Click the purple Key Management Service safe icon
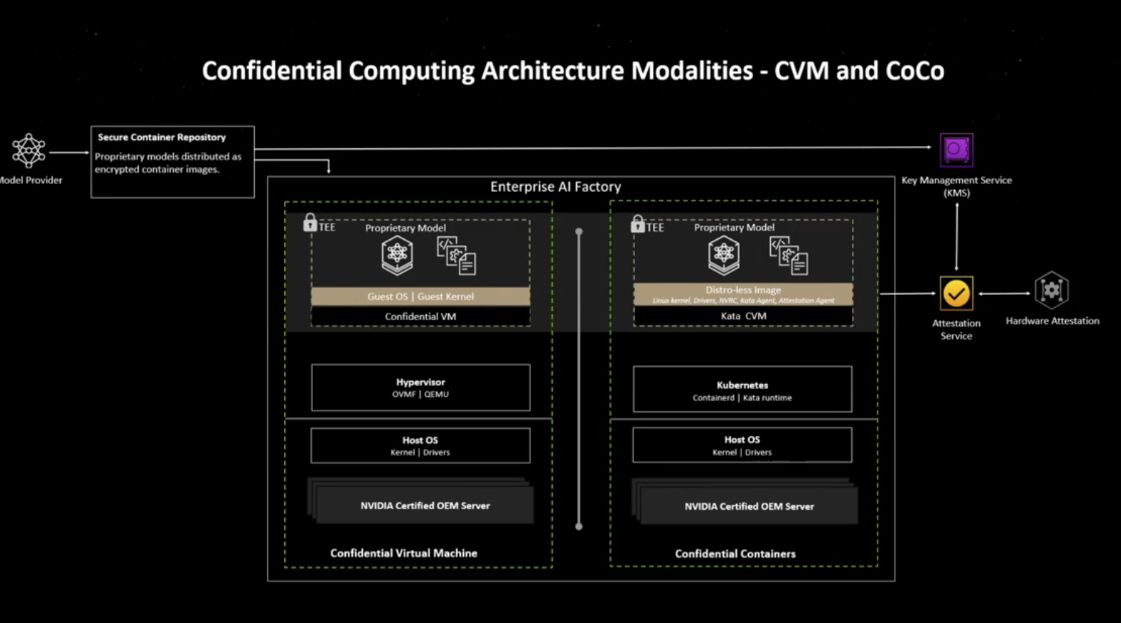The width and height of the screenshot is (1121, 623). pyautogui.click(x=956, y=150)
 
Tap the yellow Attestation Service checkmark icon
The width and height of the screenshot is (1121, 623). pyautogui.click(x=956, y=294)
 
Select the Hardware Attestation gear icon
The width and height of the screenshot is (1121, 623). pyautogui.click(x=1051, y=291)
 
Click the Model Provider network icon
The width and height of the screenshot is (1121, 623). pyautogui.click(x=29, y=150)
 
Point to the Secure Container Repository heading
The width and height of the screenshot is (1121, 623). pyautogui.click(x=162, y=137)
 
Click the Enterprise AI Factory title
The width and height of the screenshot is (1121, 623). pyautogui.click(x=555, y=187)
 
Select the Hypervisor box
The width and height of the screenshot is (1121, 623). pyautogui.click(x=420, y=387)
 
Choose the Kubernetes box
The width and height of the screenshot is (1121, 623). pyautogui.click(x=742, y=390)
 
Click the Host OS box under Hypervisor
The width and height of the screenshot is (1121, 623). pyautogui.click(x=420, y=445)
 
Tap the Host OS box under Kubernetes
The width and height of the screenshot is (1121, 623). pyautogui.click(x=742, y=445)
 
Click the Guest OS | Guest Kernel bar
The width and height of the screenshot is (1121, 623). pyautogui.click(x=420, y=296)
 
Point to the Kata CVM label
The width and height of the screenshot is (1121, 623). pyautogui.click(x=743, y=316)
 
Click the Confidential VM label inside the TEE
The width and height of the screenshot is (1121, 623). pyautogui.click(x=420, y=317)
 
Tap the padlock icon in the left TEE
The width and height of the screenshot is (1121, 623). pyautogui.click(x=310, y=223)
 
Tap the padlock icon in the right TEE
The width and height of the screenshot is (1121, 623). pyautogui.click(x=637, y=223)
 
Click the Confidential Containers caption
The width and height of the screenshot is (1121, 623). pyautogui.click(x=735, y=554)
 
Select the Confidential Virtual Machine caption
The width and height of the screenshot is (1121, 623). pyautogui.click(x=404, y=553)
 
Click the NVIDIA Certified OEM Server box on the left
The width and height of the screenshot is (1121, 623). pyautogui.click(x=424, y=506)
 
